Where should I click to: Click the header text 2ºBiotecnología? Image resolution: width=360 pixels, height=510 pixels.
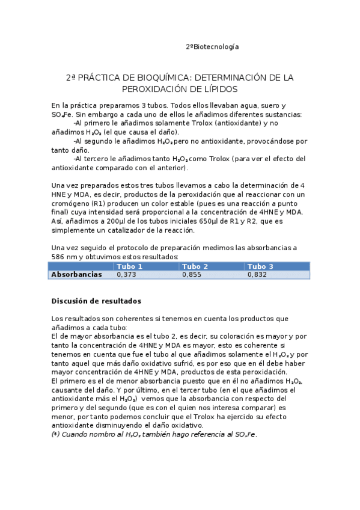pyautogui.click(x=212, y=47)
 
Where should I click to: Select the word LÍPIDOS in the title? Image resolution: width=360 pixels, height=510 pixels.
pyautogui.click(x=218, y=89)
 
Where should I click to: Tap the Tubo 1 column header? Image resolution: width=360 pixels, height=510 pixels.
pyautogui.click(x=129, y=266)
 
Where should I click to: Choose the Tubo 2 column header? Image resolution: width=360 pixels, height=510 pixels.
pyautogui.click(x=195, y=266)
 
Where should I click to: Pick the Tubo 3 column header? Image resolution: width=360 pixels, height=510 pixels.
pyautogui.click(x=260, y=266)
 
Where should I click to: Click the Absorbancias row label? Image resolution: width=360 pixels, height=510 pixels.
pyautogui.click(x=76, y=274)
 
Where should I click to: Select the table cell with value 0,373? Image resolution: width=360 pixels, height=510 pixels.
pyautogui.click(x=126, y=274)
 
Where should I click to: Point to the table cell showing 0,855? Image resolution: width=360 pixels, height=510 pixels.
pyautogui.click(x=192, y=274)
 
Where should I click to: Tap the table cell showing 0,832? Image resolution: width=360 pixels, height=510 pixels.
pyautogui.click(x=257, y=274)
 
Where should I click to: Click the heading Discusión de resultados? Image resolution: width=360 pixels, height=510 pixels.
pyautogui.click(x=96, y=301)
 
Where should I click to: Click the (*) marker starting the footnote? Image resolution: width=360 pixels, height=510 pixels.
pyautogui.click(x=56, y=435)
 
